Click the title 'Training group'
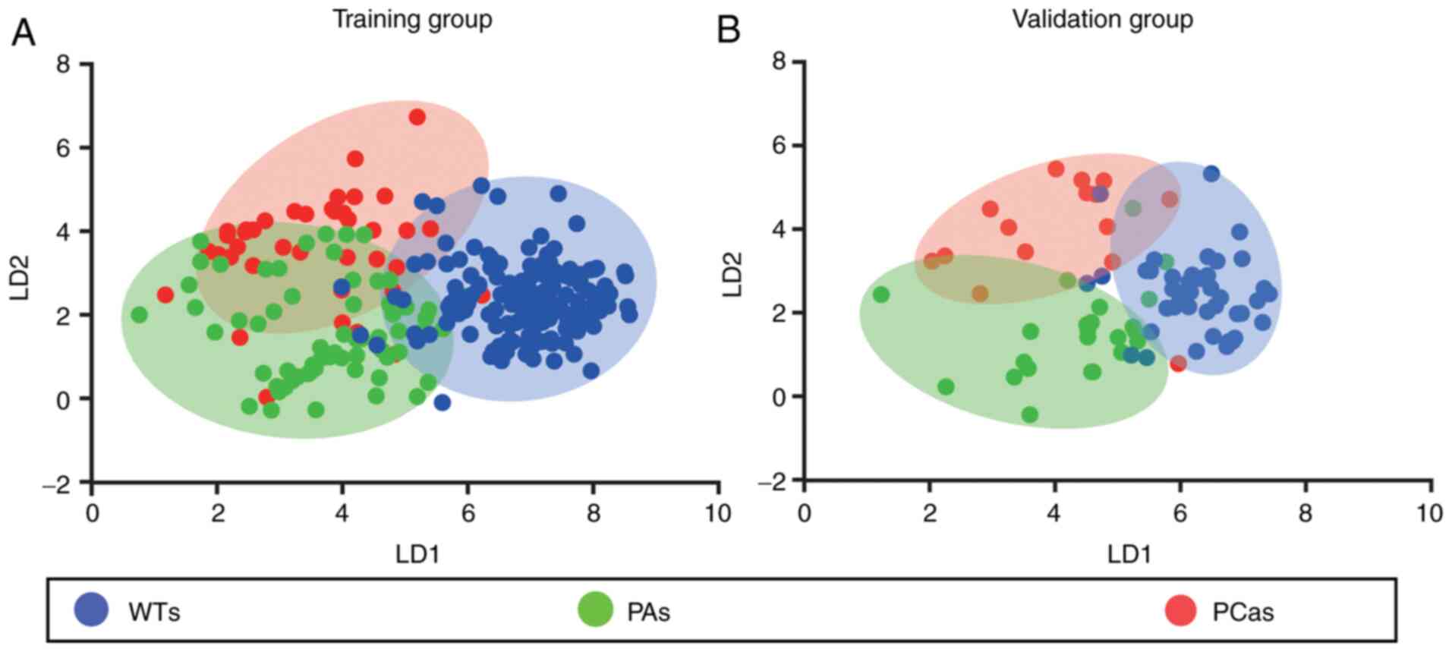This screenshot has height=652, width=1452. (412, 19)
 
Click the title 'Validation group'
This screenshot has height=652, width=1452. (1102, 19)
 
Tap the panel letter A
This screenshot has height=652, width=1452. (23, 33)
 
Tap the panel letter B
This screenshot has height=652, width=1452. (728, 31)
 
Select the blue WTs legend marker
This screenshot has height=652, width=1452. (91, 609)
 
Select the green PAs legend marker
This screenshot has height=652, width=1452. (595, 609)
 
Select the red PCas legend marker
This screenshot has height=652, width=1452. (1180, 609)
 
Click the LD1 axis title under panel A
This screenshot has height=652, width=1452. (417, 555)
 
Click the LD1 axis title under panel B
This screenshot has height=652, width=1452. (1129, 555)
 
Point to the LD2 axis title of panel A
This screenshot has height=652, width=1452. (20, 274)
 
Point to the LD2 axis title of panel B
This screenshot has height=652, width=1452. (732, 273)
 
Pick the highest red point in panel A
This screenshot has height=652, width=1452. (417, 117)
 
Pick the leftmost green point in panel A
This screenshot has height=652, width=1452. (139, 314)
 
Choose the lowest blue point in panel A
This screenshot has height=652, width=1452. (443, 403)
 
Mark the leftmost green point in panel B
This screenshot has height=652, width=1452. (880, 295)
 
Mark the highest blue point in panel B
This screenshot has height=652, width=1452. (1211, 174)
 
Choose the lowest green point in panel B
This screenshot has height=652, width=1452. (1030, 414)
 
